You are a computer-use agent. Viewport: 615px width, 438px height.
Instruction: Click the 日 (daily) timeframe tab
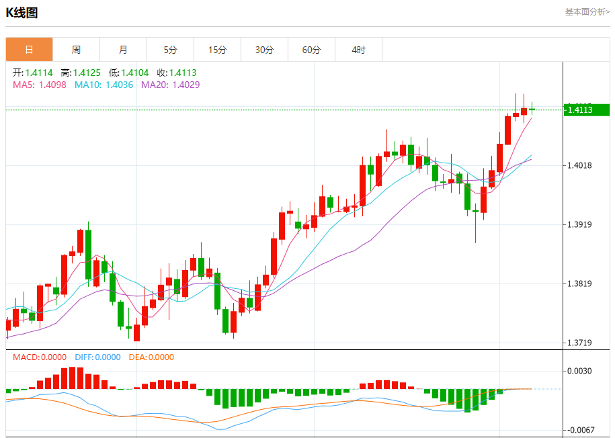point(29,50)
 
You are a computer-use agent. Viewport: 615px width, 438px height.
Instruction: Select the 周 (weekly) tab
point(76,50)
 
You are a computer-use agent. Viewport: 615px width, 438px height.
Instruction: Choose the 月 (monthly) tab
point(123,50)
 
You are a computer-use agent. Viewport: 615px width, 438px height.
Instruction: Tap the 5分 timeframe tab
point(170,50)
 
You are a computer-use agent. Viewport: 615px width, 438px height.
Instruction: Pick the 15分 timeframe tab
point(217,50)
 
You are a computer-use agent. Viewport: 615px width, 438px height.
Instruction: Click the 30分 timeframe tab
point(264,50)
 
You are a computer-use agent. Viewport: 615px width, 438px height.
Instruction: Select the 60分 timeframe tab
point(311,50)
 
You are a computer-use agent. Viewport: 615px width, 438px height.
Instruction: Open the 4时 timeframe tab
point(358,50)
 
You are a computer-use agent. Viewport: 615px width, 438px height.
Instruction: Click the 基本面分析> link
point(587,12)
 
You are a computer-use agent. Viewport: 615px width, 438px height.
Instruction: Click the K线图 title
point(22,12)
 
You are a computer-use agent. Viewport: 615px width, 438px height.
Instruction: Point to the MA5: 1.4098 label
point(39,85)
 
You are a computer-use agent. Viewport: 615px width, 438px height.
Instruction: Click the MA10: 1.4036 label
point(104,85)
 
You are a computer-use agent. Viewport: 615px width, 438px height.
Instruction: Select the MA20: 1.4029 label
point(170,85)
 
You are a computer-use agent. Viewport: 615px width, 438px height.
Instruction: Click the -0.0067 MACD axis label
point(579,430)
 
